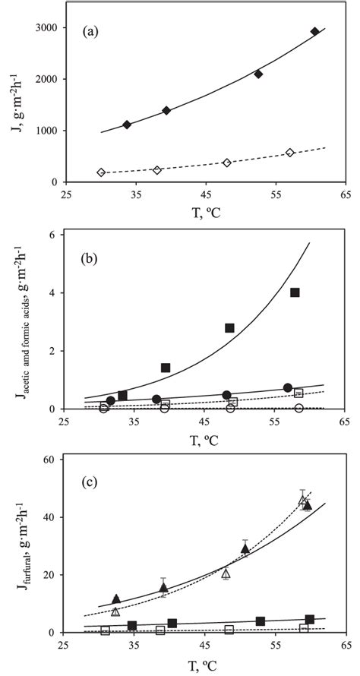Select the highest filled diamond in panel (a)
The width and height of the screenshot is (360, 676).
coord(315,32)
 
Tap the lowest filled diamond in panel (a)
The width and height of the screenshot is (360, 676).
coord(127,125)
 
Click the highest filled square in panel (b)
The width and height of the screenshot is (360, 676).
coord(295,292)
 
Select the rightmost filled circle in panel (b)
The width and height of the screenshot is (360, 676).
coord(288,388)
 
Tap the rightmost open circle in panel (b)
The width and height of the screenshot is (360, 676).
coord(299,409)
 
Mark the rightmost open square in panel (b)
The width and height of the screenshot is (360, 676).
coord(298,393)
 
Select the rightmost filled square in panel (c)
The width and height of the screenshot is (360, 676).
coord(309,620)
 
